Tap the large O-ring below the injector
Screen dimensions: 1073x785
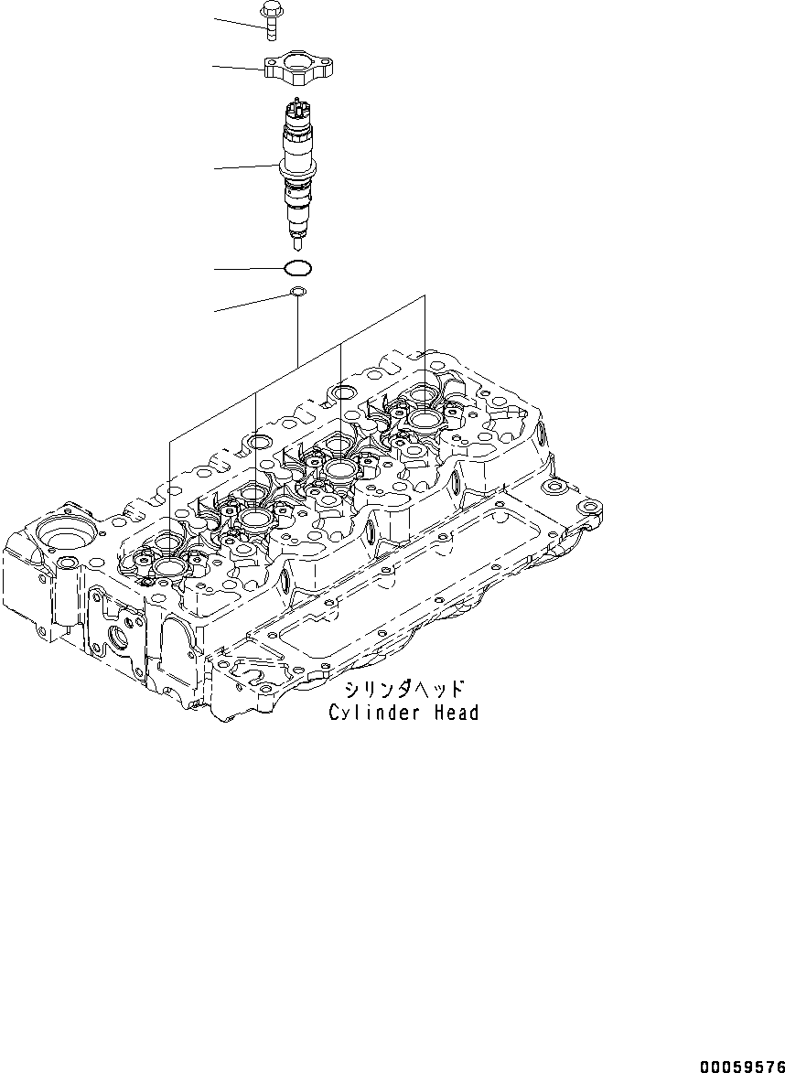[x=297, y=269]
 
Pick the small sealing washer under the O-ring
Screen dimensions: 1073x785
[x=297, y=293]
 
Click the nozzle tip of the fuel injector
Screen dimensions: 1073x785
[x=297, y=243]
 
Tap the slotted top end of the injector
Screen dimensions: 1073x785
[x=296, y=108]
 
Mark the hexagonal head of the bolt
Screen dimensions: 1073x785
[x=272, y=12]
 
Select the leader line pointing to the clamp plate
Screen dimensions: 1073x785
[x=238, y=67]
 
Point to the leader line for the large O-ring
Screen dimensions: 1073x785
[x=247, y=269]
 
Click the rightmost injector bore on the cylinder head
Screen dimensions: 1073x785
[x=427, y=419]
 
